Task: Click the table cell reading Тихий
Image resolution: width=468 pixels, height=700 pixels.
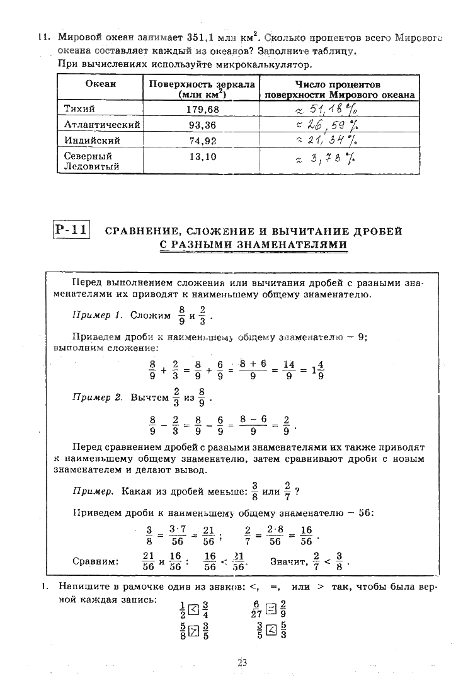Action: pyautogui.click(x=80, y=109)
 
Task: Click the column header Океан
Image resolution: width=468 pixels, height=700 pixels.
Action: pyautogui.click(x=100, y=84)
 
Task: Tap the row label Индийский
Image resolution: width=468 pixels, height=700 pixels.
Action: pyautogui.click(x=92, y=141)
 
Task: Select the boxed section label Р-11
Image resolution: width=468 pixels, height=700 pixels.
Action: pyautogui.click(x=71, y=230)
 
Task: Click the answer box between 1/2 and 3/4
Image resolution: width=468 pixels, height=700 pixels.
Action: pyautogui.click(x=194, y=609)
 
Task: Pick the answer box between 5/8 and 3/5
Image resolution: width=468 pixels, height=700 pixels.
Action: pyautogui.click(x=194, y=630)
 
